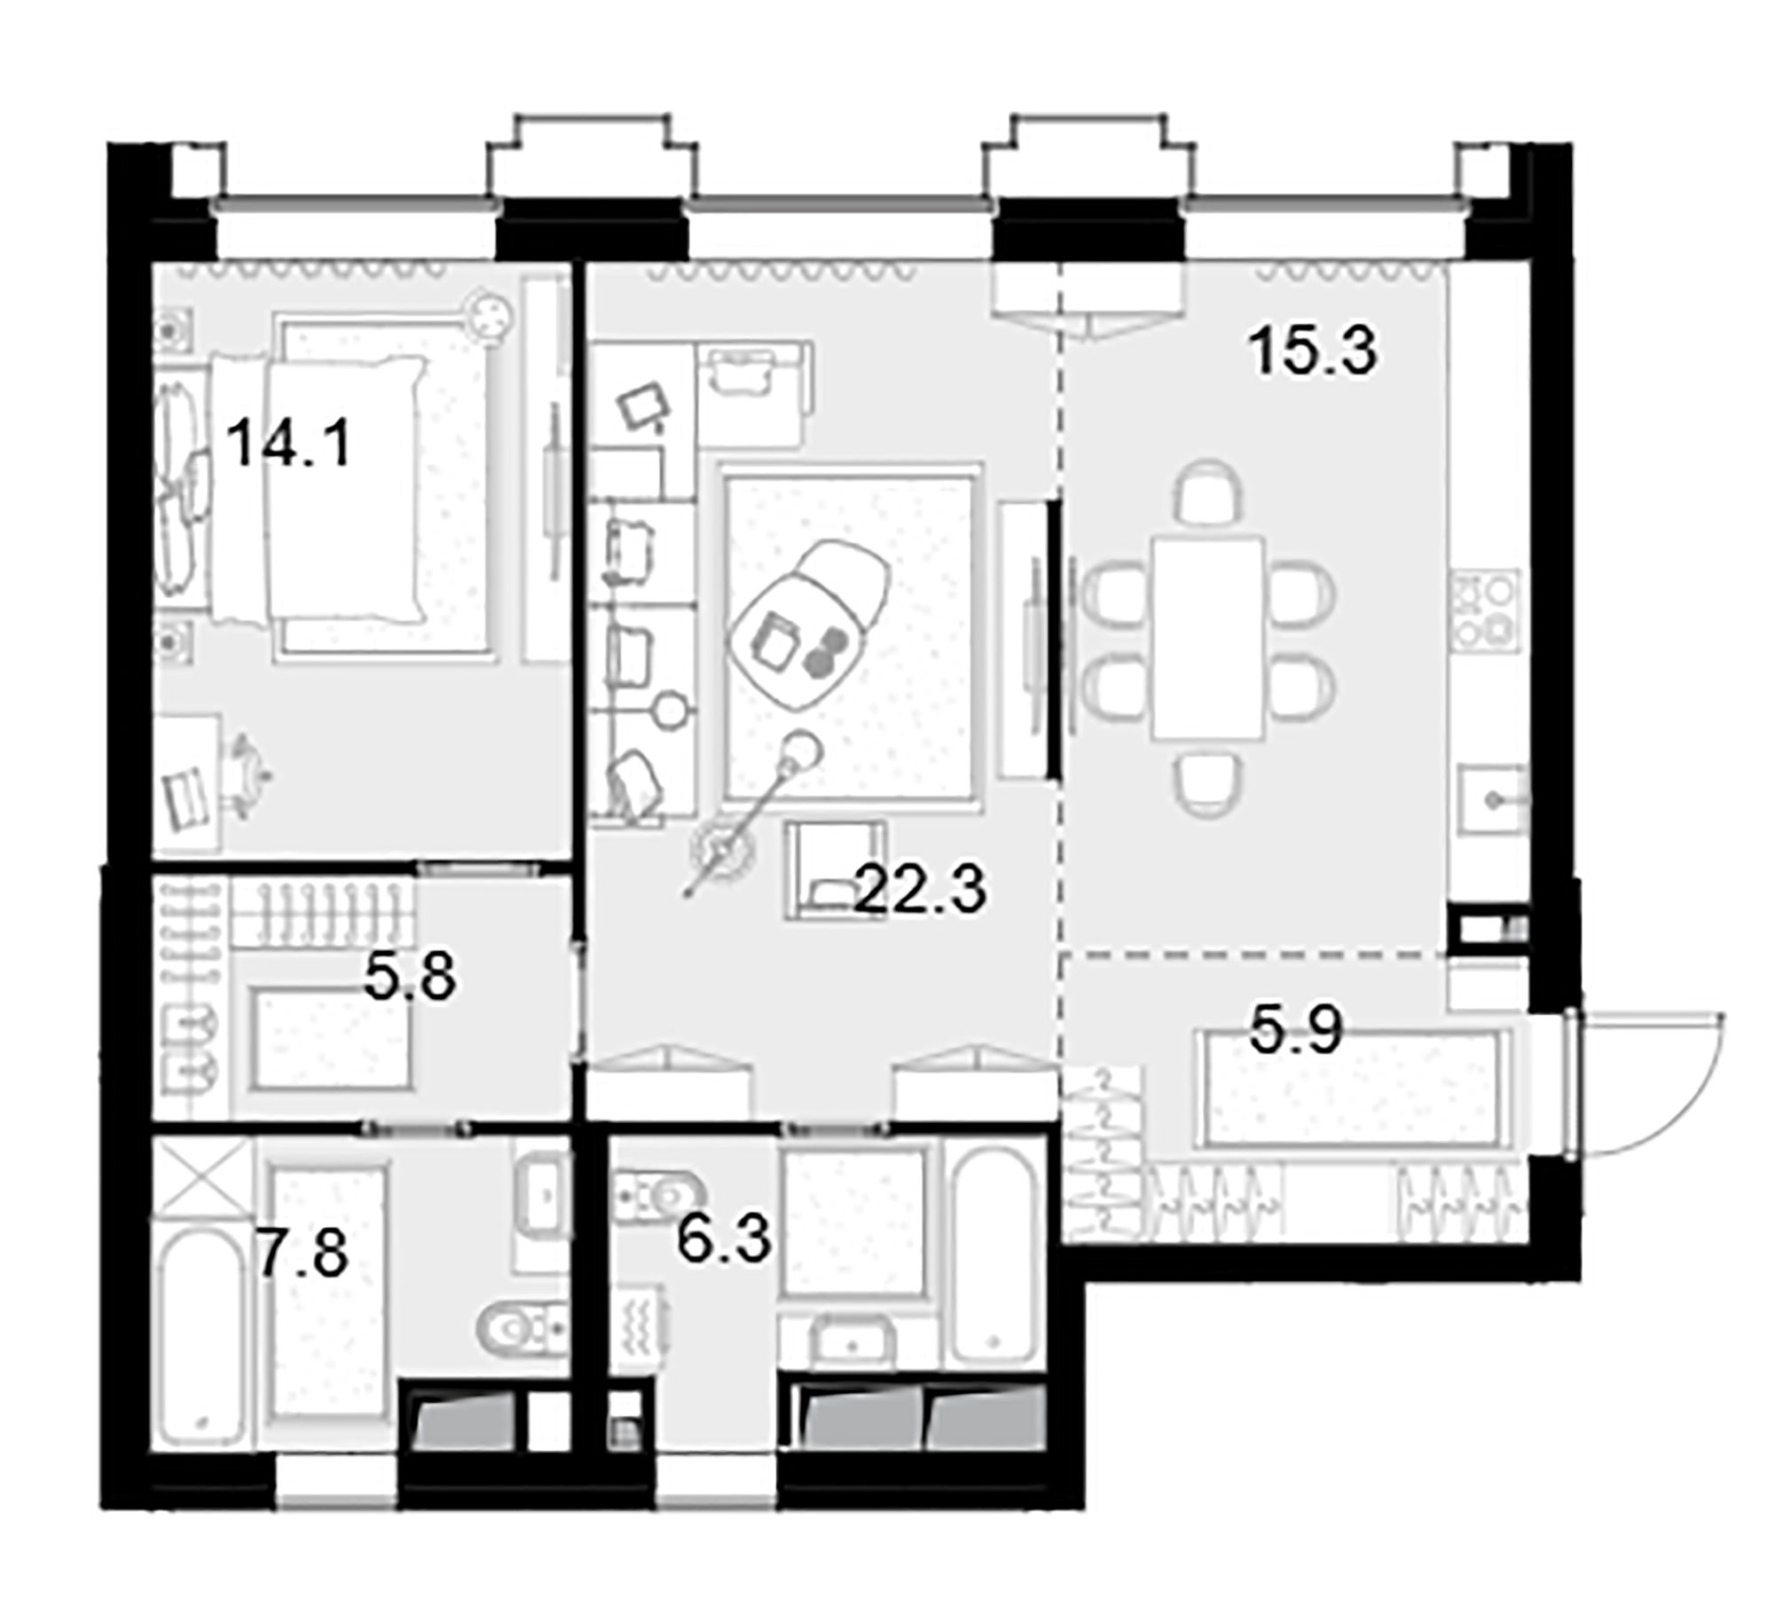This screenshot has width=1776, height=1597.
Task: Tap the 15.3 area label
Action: point(1312,350)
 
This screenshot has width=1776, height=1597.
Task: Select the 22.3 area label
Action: point(919,890)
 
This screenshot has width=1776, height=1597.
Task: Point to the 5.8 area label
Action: point(410,976)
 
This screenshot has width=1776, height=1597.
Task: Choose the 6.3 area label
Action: point(724,1239)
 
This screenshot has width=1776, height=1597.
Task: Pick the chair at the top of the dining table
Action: point(1207,493)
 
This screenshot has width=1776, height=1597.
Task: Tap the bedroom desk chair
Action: point(249,775)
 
